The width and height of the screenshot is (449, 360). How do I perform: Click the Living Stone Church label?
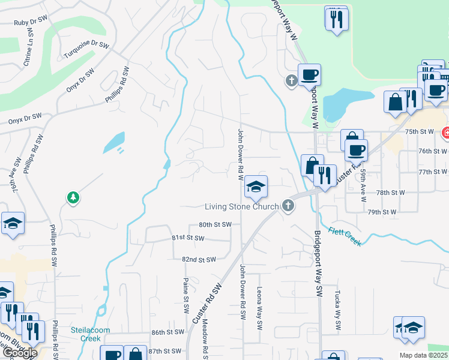[x=241, y=207]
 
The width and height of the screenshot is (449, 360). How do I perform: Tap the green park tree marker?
[x=73, y=197]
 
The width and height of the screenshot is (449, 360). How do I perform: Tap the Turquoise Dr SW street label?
[x=86, y=50]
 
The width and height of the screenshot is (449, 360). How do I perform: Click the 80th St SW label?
[x=215, y=224]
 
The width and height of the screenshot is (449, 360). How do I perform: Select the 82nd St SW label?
[x=198, y=260]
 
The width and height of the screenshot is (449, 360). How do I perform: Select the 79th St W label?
[x=382, y=212]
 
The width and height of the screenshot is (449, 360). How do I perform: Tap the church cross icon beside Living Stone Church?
[x=288, y=206]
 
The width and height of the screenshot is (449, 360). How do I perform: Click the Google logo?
[x=19, y=352]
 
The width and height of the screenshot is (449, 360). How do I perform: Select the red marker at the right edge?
[x=445, y=133]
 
